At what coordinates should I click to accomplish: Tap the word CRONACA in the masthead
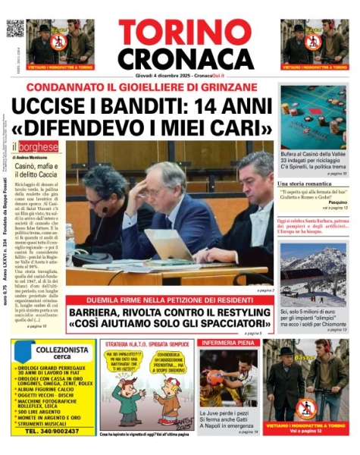(185, 58)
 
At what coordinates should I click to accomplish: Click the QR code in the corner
(15, 29)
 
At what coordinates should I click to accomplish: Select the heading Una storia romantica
(308, 184)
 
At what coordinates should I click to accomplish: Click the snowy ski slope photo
(313, 273)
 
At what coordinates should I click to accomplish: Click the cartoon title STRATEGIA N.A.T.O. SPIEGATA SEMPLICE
(147, 344)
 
